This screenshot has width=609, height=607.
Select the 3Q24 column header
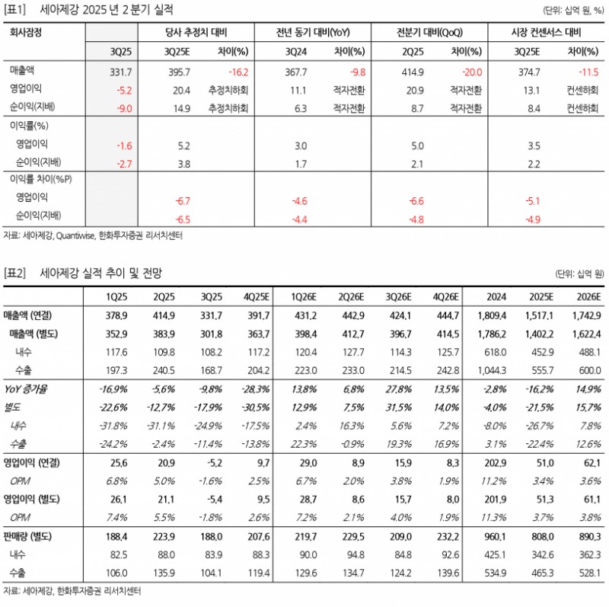click(296, 52)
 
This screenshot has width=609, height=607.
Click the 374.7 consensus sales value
click(528, 72)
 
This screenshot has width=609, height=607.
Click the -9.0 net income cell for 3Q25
click(124, 108)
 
